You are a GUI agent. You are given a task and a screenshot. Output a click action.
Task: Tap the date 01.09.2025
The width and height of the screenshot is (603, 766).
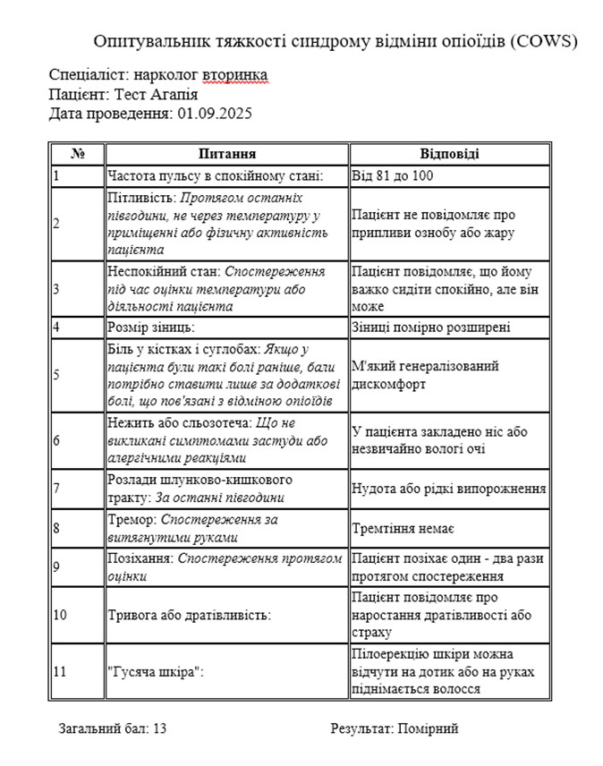click(x=215, y=114)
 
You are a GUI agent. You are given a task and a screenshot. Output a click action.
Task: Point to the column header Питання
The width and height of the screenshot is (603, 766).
click(x=227, y=154)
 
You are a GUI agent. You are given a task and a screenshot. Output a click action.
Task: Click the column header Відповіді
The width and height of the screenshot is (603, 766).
click(x=449, y=154)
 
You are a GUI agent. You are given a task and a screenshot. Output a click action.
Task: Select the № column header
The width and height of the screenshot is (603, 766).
click(x=77, y=154)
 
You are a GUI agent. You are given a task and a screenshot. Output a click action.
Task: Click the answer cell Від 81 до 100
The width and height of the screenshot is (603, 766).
click(x=392, y=176)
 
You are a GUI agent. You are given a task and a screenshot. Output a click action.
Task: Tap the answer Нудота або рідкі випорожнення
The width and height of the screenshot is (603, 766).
click(x=448, y=489)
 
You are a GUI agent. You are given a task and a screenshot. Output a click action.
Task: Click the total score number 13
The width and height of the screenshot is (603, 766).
click(x=159, y=728)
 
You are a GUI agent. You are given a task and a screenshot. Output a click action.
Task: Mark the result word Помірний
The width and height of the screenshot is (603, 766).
click(x=429, y=728)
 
